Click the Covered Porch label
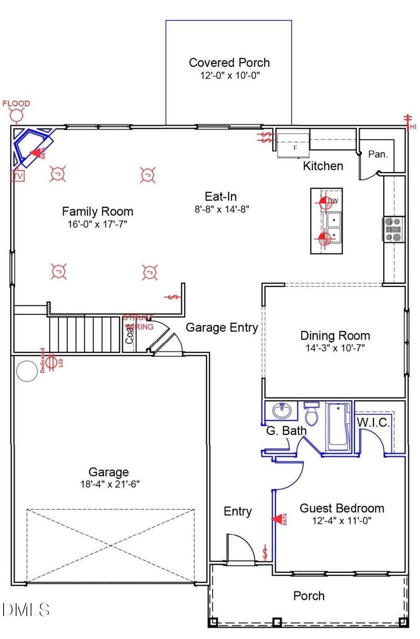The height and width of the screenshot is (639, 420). click(229, 62)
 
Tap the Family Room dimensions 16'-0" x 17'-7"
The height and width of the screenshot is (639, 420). click(97, 224)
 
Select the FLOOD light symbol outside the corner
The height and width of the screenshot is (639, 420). click(17, 115)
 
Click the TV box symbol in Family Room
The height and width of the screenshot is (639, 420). click(18, 176)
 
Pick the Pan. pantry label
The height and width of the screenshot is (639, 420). click(378, 154)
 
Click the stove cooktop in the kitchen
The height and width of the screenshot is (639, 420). click(394, 229)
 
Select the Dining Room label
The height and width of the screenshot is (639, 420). click(335, 336)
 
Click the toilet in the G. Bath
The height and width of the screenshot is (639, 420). click(312, 414)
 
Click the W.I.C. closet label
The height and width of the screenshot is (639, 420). click(373, 422)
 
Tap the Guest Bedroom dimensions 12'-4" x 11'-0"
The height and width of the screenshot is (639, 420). click(341, 521)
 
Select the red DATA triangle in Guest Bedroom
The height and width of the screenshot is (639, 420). click(279, 519)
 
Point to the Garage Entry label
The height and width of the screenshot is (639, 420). click(221, 327)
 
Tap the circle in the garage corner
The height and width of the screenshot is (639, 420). click(27, 371)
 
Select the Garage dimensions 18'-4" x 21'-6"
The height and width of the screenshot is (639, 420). click(110, 484)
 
